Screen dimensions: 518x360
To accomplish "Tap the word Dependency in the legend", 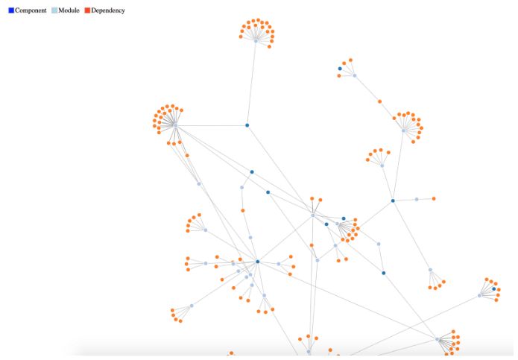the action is pyautogui.click(x=108, y=10).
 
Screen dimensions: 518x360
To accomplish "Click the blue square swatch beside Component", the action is pyautogui.click(x=11, y=10).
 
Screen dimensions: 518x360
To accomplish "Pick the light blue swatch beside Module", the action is pyautogui.click(x=54, y=10).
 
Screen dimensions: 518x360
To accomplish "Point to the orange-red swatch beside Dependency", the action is pyautogui.click(x=87, y=10).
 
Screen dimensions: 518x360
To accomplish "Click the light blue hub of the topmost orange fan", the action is pyautogui.click(x=256, y=41).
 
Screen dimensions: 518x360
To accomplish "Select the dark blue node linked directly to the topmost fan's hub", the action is pyautogui.click(x=247, y=125).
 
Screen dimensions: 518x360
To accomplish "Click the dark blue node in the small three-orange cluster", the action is pyautogui.click(x=340, y=69).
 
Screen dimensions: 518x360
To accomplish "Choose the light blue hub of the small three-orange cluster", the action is pyautogui.click(x=355, y=75).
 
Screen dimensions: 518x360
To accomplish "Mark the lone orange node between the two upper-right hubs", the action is pyautogui.click(x=379, y=101).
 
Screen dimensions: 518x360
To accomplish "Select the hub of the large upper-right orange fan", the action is pyautogui.click(x=404, y=130).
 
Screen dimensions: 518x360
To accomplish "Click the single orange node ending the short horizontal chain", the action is pyautogui.click(x=434, y=198).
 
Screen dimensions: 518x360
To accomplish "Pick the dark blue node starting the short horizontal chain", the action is pyautogui.click(x=393, y=200).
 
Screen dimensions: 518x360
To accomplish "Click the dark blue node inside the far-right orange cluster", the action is pyautogui.click(x=494, y=288).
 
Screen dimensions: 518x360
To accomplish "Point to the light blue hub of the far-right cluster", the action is pyautogui.click(x=479, y=296).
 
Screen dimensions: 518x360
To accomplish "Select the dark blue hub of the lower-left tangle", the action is pyautogui.click(x=257, y=262).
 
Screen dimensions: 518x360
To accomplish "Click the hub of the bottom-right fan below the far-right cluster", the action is pyautogui.click(x=438, y=340).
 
